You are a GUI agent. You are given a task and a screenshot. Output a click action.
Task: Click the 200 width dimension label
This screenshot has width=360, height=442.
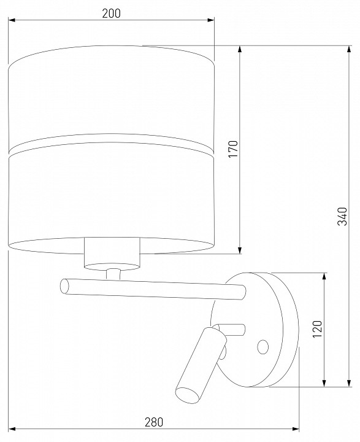[x=111, y=14]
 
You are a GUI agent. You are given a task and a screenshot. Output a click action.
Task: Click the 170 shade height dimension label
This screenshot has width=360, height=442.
[x=233, y=149]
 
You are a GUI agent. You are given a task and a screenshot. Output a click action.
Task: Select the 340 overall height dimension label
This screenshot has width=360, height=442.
[x=343, y=216]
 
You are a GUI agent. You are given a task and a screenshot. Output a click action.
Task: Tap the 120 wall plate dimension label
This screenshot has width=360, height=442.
[x=317, y=329]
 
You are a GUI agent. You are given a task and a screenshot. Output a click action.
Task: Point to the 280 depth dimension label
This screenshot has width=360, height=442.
[x=154, y=422]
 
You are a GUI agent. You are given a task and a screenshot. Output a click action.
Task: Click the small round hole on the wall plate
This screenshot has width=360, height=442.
[x=263, y=347]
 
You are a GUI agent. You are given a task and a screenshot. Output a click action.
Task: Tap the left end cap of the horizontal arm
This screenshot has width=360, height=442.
[x=64, y=287]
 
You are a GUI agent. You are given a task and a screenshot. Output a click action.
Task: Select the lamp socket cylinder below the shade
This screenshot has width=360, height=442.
[x=112, y=254]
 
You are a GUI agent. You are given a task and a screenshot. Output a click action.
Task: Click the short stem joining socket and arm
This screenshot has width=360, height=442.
[x=113, y=274]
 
